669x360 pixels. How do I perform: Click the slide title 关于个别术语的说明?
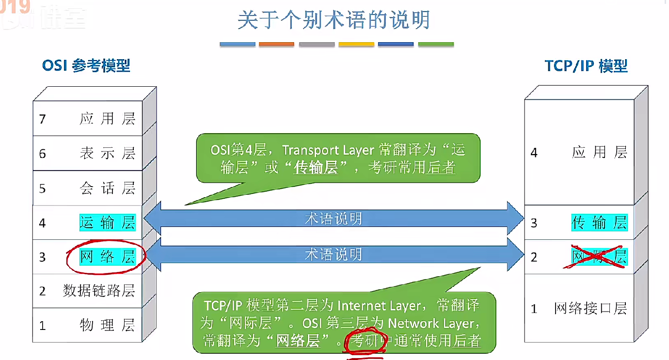[x=334, y=21]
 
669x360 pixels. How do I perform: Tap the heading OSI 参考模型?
[x=86, y=65]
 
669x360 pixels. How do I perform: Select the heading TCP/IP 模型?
[x=586, y=65]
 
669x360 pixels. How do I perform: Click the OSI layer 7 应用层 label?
[x=107, y=119]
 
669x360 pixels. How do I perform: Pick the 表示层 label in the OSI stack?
[x=107, y=154]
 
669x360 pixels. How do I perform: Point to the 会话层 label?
[x=107, y=188]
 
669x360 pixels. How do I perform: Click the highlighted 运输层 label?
[x=107, y=222]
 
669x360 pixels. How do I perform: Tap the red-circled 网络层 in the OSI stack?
[x=107, y=257]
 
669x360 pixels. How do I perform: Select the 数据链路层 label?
[x=99, y=291]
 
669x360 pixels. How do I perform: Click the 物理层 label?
[x=107, y=325]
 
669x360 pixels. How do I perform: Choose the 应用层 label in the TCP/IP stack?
[x=599, y=153]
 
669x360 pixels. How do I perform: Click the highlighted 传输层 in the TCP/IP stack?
[x=599, y=222]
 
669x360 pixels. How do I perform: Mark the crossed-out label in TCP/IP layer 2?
[x=599, y=257]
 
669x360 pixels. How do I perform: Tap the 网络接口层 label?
[x=590, y=308]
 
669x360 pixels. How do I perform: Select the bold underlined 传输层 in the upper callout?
[x=316, y=168]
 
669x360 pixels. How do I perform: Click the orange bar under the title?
[x=276, y=44]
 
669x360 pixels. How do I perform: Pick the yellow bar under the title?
[x=356, y=44]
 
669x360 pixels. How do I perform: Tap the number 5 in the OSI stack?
[x=42, y=188]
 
